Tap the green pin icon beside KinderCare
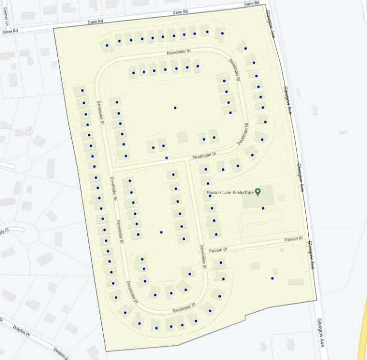(258, 192)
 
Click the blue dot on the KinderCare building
(263, 208)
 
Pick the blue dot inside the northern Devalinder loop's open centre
(175, 108)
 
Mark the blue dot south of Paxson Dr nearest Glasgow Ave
(272, 278)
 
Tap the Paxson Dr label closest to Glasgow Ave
(293, 239)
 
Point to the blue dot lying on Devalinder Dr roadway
(166, 158)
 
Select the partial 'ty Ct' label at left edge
(5, 231)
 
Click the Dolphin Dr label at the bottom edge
(60, 353)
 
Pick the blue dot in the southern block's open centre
(161, 232)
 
